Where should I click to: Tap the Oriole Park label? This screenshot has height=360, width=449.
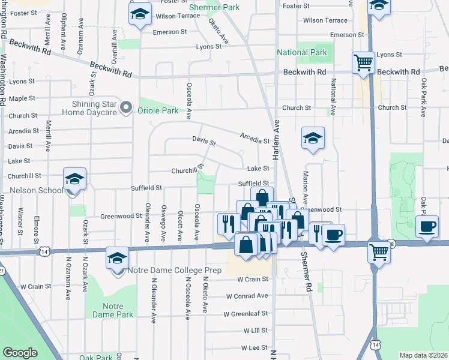tap(159, 110)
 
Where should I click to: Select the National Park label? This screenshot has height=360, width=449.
tap(301, 53)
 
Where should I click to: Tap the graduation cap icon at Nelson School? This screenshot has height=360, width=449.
tap(75, 179)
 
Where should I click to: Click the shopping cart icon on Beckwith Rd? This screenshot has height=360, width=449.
tap(364, 62)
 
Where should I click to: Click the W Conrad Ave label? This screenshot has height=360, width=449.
tap(247, 296)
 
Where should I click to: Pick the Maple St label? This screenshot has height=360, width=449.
tap(22, 98)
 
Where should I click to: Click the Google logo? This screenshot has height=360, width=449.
tap(20, 353)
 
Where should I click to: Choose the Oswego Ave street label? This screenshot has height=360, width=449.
tap(163, 223)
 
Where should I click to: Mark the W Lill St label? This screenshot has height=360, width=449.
tap(255, 331)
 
